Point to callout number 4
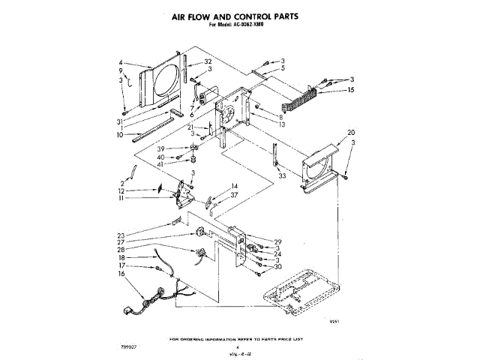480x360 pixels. click(x=121, y=62)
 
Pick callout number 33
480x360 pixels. click(x=282, y=175)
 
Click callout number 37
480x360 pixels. click(x=235, y=194)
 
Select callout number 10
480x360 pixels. click(x=120, y=135)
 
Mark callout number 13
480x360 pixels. click(x=282, y=124)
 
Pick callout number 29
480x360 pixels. click(x=277, y=241)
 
